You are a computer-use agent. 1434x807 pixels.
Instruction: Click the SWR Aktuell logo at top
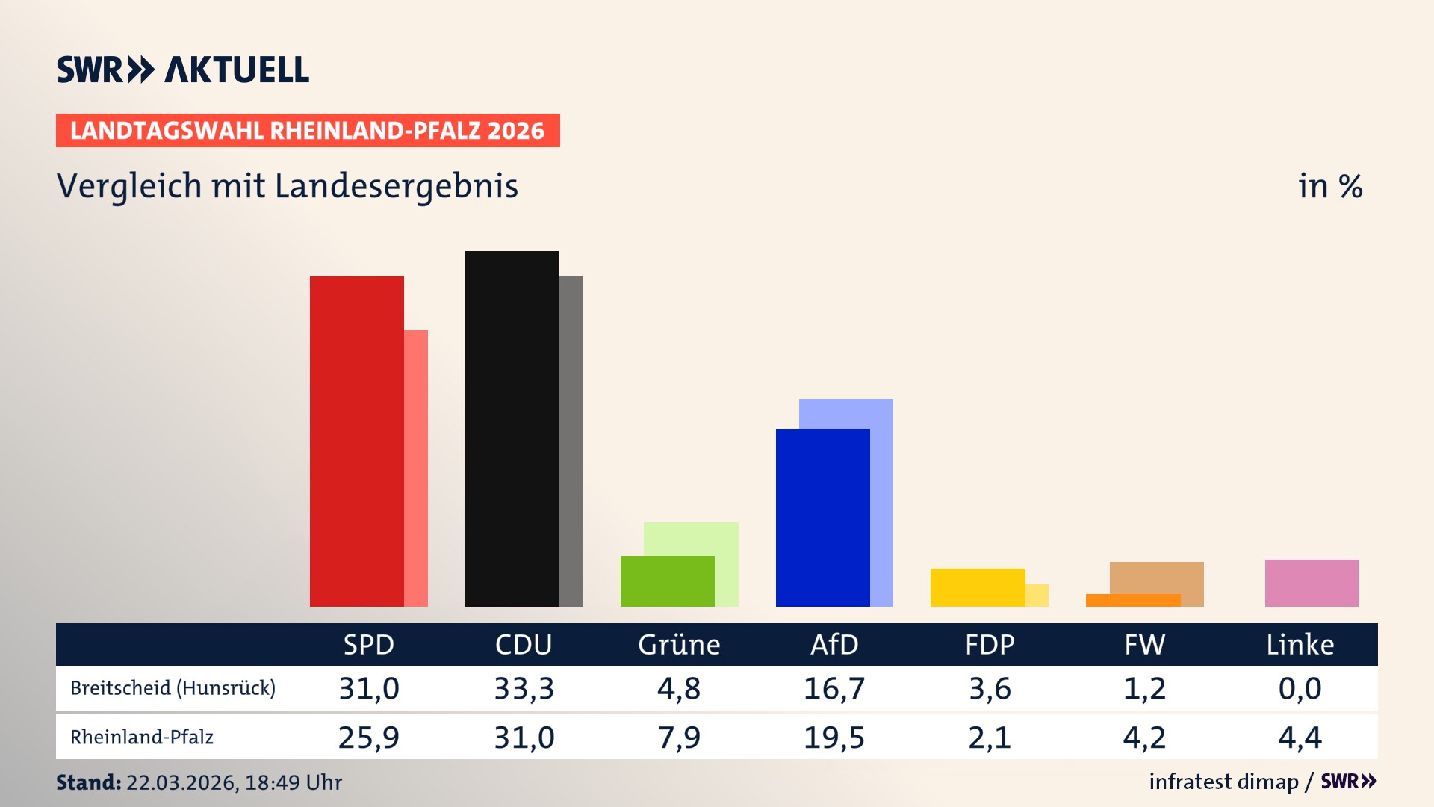[x=183, y=69]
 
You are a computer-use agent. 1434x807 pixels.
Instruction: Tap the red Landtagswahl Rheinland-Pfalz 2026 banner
[x=308, y=131]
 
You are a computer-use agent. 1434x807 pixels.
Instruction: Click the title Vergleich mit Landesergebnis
[x=288, y=186]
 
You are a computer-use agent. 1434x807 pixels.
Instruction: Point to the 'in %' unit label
[x=1329, y=186]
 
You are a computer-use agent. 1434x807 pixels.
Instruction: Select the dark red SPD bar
[x=357, y=441]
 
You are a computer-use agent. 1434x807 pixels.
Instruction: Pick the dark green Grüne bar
[x=667, y=581]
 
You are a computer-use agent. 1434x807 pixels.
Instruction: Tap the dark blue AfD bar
[x=822, y=517]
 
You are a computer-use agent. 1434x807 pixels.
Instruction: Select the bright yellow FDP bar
[x=977, y=587]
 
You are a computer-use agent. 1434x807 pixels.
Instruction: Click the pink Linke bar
[x=1312, y=583]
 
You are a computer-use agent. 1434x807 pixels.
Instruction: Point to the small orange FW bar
[x=1132, y=600]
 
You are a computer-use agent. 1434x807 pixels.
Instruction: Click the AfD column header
[x=834, y=645]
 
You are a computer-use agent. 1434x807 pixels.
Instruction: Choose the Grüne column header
[x=679, y=645]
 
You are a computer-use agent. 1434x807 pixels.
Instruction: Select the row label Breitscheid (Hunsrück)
[x=173, y=688]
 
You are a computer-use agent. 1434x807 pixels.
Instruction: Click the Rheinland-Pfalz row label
[x=142, y=738]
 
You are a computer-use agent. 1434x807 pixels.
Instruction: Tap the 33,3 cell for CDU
[x=524, y=688]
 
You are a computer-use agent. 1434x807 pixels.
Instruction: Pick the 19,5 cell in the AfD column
[x=834, y=738]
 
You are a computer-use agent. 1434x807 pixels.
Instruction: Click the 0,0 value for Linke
[x=1300, y=688]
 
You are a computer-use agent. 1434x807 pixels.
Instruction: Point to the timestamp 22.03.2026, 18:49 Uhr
[x=234, y=782]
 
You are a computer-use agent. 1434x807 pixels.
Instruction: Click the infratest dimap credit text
[x=1223, y=782]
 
